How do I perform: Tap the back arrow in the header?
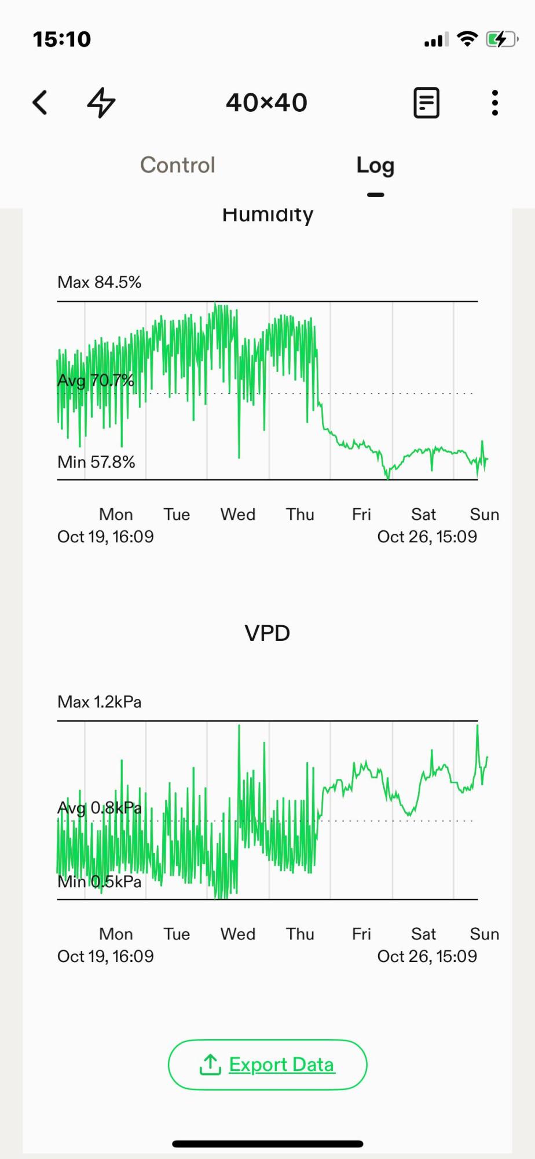coord(40,103)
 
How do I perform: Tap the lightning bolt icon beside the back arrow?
coord(101,103)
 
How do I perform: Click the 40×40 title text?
coord(266,103)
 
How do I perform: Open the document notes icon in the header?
coord(426,103)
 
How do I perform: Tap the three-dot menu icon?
coord(494,103)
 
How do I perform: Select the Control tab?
coord(178,165)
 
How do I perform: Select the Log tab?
coord(375,166)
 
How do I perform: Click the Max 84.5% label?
coord(100,282)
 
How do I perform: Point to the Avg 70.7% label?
coord(96,381)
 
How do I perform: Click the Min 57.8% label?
coord(96,462)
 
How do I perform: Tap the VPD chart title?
coord(267,633)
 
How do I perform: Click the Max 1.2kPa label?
coord(100,702)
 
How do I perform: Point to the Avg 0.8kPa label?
coord(100,808)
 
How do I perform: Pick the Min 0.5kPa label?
coord(100,882)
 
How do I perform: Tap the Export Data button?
coord(267,1065)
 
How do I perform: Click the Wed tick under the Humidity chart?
coord(238,515)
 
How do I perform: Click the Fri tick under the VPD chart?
coord(361,934)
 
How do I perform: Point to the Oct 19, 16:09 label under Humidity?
coord(105,537)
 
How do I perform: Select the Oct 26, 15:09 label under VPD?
coord(427,956)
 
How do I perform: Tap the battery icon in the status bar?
coord(501,39)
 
